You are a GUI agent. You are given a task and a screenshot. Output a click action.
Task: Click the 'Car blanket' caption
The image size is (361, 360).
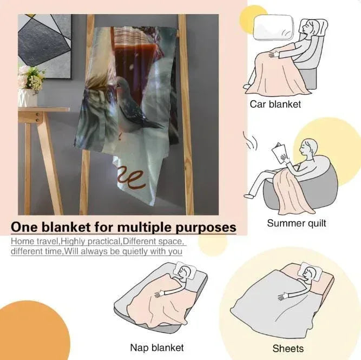[x=275, y=104]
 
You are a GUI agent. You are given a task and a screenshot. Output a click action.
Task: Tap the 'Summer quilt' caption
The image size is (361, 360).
[x=297, y=223]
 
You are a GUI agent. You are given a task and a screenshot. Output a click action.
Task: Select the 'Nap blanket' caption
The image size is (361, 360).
[x=157, y=348]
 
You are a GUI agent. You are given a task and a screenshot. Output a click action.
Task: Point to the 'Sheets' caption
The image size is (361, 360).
[x=288, y=349]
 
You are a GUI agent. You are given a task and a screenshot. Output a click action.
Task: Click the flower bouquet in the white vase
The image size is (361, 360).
[x=31, y=79]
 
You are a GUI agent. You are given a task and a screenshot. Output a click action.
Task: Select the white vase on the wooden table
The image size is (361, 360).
[x=28, y=97]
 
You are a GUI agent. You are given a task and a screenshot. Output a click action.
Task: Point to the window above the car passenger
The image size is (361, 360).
[x=273, y=28]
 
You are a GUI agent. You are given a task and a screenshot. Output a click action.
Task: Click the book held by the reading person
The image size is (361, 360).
[x=279, y=153]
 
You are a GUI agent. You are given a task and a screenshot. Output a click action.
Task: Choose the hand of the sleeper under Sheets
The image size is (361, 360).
[x=283, y=297]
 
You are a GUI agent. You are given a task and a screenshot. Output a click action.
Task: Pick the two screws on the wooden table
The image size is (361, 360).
[x=37, y=117]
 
